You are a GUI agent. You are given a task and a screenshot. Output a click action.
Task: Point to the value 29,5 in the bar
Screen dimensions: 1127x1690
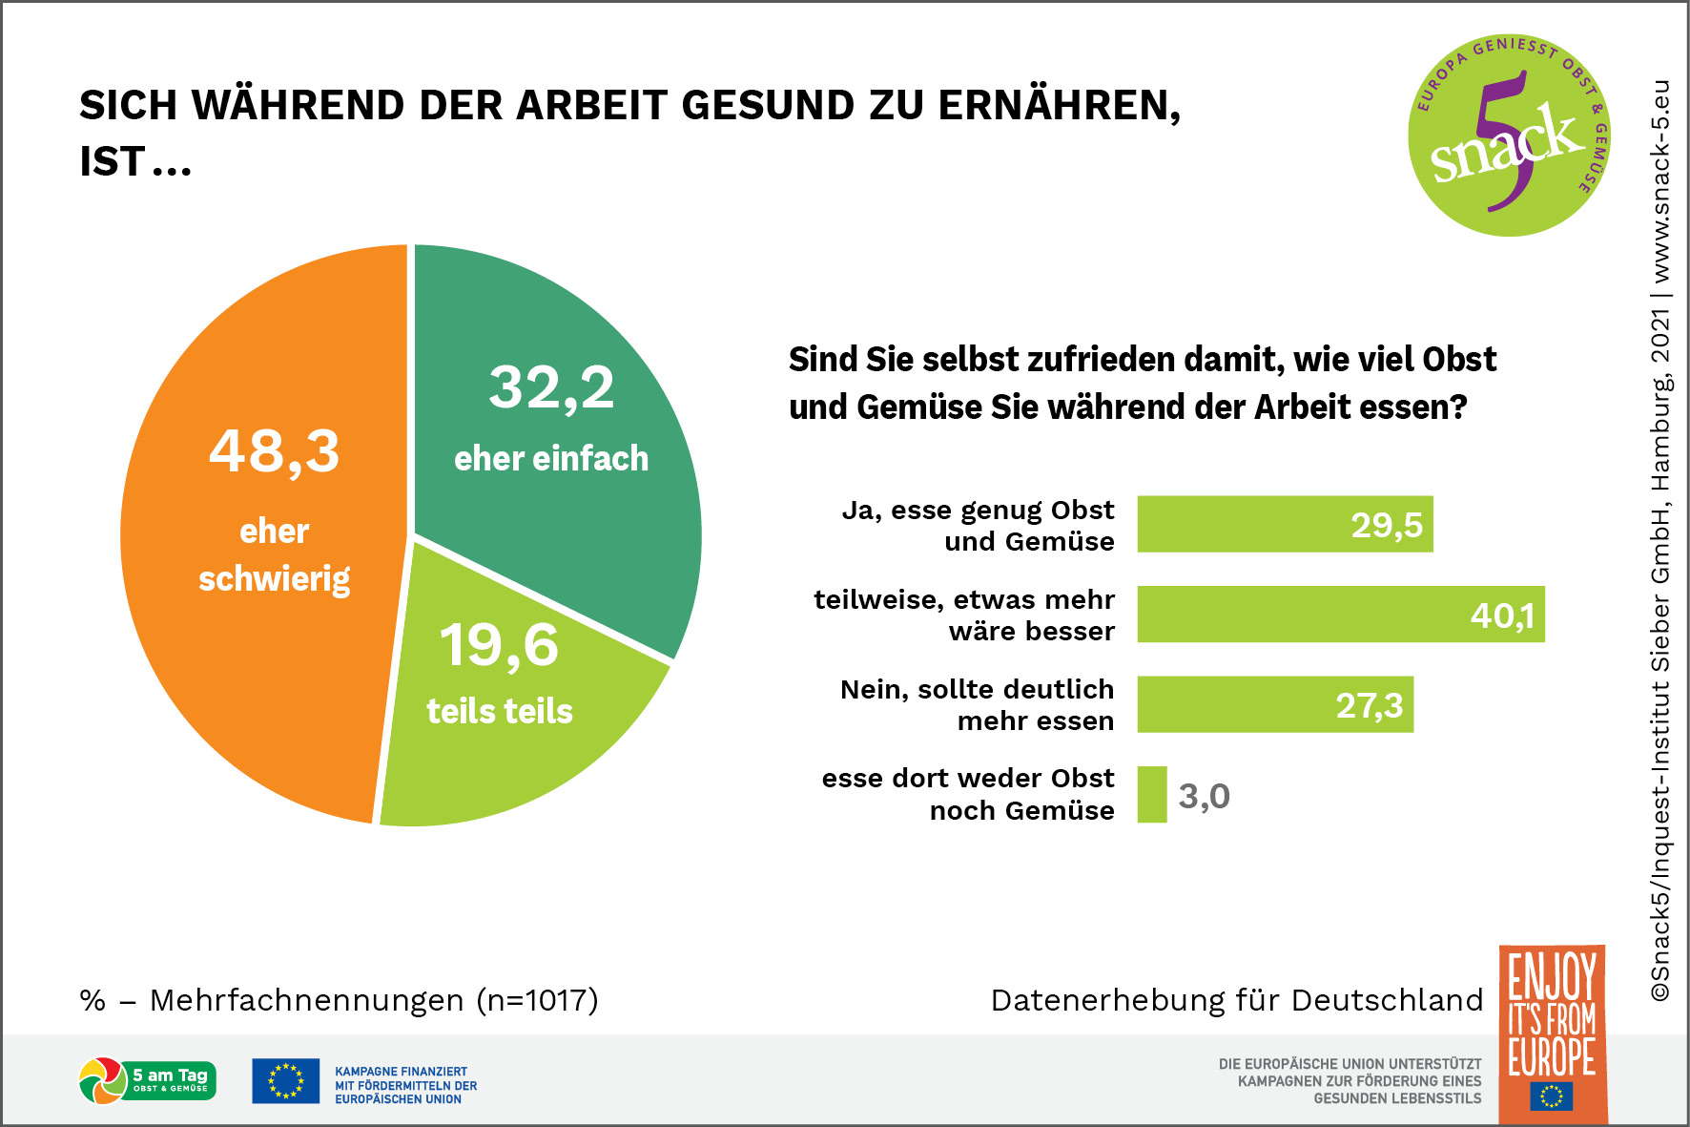pyautogui.click(x=1387, y=525)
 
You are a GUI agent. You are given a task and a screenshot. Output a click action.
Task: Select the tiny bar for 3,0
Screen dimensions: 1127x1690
pyautogui.click(x=1152, y=795)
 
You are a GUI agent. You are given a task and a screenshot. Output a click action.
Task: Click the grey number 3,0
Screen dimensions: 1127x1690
pyautogui.click(x=1204, y=796)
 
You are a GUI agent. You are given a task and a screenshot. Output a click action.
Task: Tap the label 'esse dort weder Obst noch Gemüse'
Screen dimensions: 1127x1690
pyautogui.click(x=969, y=794)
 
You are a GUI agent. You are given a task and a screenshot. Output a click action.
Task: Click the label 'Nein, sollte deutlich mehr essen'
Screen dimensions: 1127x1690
pyautogui.click(x=978, y=704)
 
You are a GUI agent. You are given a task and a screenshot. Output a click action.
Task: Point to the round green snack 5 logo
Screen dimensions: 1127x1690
pyautogui.click(x=1509, y=136)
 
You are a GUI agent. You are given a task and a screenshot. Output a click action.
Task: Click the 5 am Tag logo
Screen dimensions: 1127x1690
pyautogui.click(x=148, y=1081)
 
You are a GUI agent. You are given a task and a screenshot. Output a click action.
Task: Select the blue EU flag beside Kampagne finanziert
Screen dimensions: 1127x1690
pyautogui.click(x=285, y=1081)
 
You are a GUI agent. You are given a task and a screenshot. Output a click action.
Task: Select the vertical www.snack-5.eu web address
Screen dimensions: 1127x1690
pyautogui.click(x=1660, y=181)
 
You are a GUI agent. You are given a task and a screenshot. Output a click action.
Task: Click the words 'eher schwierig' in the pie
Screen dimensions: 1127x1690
pyautogui.click(x=275, y=555)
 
